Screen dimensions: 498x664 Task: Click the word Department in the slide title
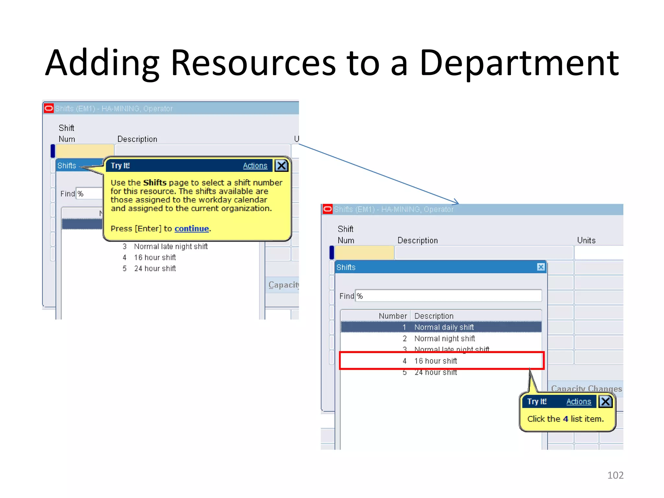(519, 63)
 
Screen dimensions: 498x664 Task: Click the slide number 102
(615, 475)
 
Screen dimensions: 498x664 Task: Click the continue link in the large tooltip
(192, 229)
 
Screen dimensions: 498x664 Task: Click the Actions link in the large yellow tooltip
(255, 166)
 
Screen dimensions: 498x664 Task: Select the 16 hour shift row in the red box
(441, 361)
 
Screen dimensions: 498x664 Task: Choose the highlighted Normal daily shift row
(441, 327)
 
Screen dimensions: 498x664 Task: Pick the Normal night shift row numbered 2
(441, 338)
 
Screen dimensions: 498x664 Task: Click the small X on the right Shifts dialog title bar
(540, 267)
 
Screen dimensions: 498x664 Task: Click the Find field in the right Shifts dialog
(449, 296)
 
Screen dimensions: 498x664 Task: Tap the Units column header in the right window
(586, 240)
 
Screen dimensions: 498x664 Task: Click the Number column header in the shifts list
(393, 316)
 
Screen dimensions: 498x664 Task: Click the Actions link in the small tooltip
(578, 401)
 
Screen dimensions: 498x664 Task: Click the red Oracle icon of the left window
(49, 108)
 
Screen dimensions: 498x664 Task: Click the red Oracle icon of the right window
(327, 209)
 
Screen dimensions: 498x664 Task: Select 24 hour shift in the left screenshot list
(155, 268)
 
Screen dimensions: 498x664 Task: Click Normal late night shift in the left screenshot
(171, 246)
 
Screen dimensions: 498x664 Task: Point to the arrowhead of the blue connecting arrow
(457, 203)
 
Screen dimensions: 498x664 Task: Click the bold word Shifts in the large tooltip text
(155, 183)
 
